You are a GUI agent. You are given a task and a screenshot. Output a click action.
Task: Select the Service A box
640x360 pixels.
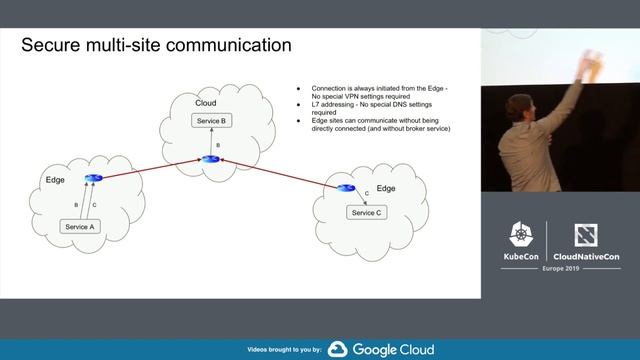point(79,227)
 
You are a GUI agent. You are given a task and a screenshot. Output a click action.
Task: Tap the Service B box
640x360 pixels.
point(210,121)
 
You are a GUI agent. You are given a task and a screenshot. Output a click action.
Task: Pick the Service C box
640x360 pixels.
point(364,212)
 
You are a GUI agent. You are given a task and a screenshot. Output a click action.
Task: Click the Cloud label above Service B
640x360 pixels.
point(206,103)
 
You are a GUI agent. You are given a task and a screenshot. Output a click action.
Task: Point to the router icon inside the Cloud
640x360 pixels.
point(210,159)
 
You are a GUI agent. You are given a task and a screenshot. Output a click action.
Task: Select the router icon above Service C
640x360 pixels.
point(346,187)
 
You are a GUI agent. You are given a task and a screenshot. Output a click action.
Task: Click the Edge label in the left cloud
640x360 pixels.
point(56,179)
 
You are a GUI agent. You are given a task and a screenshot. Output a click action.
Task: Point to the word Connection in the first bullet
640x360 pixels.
point(330,87)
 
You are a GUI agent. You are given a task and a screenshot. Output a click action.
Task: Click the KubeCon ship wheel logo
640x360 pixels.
point(521,236)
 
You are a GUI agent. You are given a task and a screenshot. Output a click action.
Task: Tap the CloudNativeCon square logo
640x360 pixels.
point(586,236)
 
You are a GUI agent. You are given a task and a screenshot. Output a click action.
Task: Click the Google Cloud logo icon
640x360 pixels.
point(337,349)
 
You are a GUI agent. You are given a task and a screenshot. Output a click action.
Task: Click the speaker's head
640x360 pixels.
point(521,107)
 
